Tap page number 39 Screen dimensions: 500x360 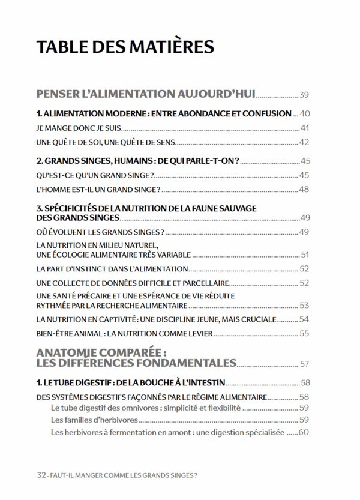(x=304, y=95)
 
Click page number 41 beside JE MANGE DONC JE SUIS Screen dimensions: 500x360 (x=304, y=128)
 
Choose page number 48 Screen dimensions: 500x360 (x=304, y=190)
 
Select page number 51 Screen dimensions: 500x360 (x=304, y=254)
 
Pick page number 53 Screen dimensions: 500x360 (x=304, y=305)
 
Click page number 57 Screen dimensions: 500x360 (x=304, y=364)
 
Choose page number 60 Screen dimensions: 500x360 (x=304, y=432)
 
